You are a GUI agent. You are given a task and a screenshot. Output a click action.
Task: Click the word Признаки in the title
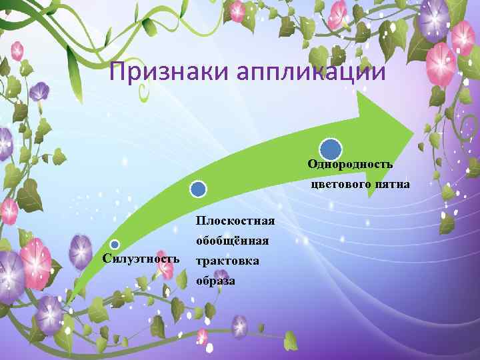coord(153,71)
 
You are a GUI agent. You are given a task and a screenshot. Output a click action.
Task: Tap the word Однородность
coord(350,164)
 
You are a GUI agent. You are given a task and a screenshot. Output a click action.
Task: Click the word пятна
coord(393,183)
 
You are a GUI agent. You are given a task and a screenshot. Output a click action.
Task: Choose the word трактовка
coord(227,260)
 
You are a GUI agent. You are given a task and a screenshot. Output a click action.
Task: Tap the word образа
coord(215,281)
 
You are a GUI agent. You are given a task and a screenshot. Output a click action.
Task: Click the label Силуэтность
coord(141,258)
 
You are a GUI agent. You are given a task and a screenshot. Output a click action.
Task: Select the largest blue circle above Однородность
coord(331,149)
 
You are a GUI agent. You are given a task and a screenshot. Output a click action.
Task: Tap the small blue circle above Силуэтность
coord(115,245)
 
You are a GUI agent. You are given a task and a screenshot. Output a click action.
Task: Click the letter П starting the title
coord(117,71)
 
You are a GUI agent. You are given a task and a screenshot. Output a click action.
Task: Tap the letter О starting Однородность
coord(311,164)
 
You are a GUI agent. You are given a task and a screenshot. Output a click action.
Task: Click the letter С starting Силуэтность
coord(106,258)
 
